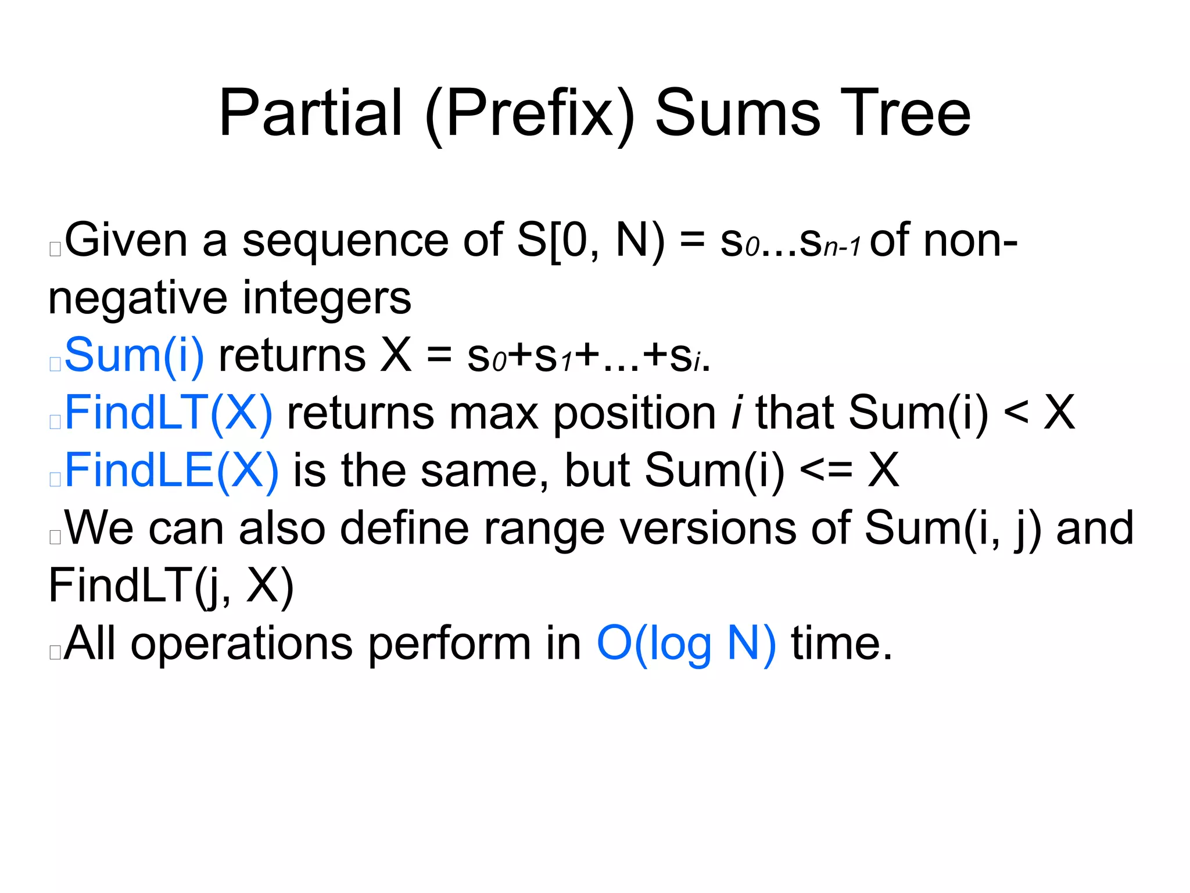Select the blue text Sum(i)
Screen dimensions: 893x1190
(x=134, y=355)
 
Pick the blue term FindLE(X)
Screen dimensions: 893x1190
(x=171, y=470)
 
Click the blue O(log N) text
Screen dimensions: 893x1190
(x=686, y=644)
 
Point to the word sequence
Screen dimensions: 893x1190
(x=345, y=241)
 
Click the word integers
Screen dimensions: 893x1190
(x=327, y=298)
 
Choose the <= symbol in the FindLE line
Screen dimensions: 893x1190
(x=826, y=470)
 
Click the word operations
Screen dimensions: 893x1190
(x=242, y=644)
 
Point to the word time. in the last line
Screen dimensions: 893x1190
(x=842, y=644)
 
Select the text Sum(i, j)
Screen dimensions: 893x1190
(x=953, y=528)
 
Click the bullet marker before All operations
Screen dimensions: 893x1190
(x=55, y=652)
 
